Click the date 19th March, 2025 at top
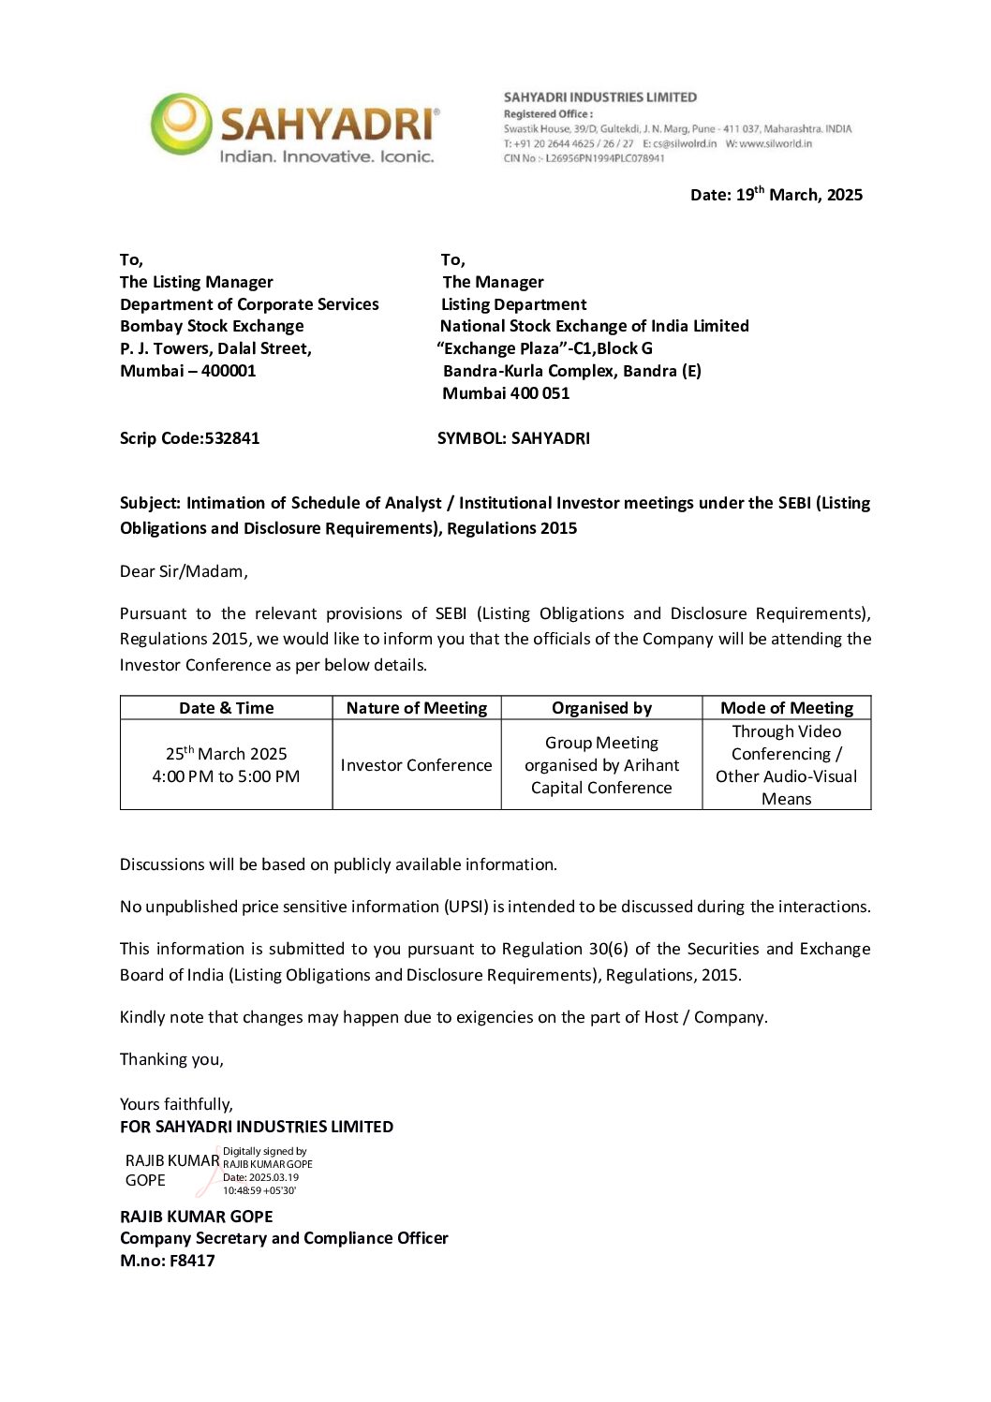click(776, 195)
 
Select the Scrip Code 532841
click(189, 438)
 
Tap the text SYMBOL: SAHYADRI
click(513, 438)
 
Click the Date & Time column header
click(226, 708)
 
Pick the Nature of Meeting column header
click(416, 708)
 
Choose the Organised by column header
click(601, 708)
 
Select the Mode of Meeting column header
click(786, 708)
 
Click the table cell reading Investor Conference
click(416, 765)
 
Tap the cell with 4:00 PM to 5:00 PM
click(226, 776)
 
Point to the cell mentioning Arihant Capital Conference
click(601, 765)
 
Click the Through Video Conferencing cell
click(786, 764)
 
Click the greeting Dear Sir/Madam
click(184, 571)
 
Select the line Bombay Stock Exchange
click(212, 326)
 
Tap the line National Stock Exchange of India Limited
click(594, 326)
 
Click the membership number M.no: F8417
click(167, 1261)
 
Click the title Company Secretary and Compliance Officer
click(284, 1238)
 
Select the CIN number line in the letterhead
click(584, 158)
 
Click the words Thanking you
click(171, 1059)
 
